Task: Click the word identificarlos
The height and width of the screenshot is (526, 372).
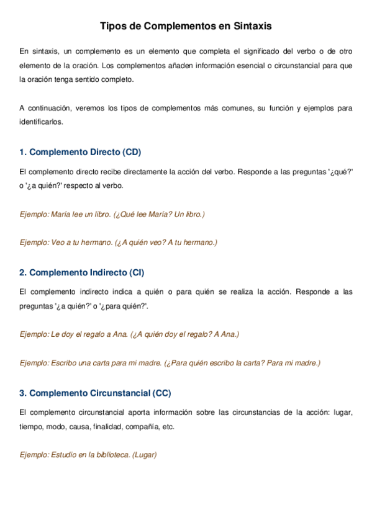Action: tap(41, 122)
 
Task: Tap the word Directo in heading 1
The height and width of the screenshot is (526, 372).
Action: tap(105, 152)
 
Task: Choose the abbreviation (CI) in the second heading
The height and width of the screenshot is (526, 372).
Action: tap(137, 272)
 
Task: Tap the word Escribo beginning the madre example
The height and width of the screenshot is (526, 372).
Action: tap(65, 363)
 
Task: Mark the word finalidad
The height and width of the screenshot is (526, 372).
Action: tap(108, 427)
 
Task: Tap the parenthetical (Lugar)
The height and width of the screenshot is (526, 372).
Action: tap(144, 455)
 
